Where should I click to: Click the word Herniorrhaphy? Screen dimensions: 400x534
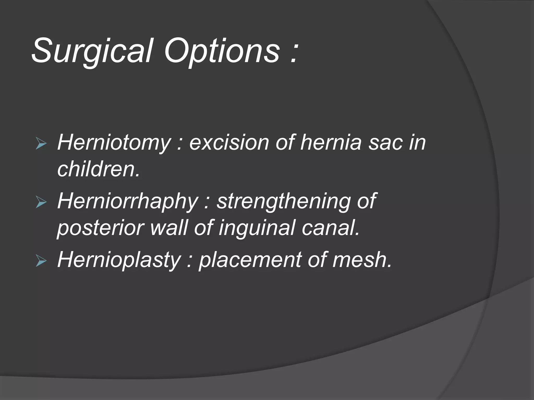(128, 201)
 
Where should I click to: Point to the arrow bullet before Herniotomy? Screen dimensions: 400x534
(41, 144)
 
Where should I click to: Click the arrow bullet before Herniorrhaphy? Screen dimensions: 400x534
(41, 202)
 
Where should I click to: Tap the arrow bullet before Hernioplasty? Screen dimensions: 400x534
(41, 261)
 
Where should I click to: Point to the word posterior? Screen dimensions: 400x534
(100, 228)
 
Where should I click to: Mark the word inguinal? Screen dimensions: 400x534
(257, 228)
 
